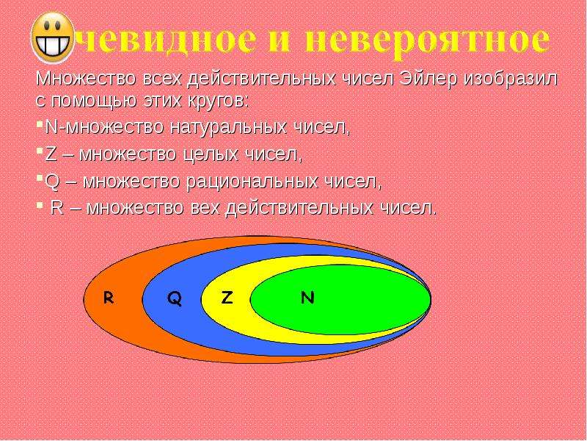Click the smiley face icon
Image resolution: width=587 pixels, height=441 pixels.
[x=53, y=37]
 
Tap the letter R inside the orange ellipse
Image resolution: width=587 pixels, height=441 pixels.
[x=109, y=298]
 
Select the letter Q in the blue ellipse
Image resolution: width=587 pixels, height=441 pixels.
[x=175, y=298]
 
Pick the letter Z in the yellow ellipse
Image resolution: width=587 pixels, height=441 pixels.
[x=227, y=298]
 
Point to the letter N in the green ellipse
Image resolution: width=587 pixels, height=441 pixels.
[x=307, y=298]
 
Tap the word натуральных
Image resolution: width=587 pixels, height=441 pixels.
[x=229, y=127]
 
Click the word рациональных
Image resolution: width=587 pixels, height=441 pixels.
[x=252, y=182]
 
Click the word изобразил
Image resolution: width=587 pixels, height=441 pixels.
[x=510, y=79]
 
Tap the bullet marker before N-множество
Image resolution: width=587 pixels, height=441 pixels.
[x=40, y=123]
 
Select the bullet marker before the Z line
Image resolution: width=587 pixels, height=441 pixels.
[x=40, y=150]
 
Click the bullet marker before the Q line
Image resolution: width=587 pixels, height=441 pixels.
[x=40, y=176]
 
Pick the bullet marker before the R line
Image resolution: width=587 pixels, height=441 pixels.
[x=40, y=204]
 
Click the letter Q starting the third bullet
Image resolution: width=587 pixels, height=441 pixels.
[x=51, y=182]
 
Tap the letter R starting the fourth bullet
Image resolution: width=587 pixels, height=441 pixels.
[x=57, y=208]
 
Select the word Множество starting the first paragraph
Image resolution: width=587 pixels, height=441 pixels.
[x=85, y=79]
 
